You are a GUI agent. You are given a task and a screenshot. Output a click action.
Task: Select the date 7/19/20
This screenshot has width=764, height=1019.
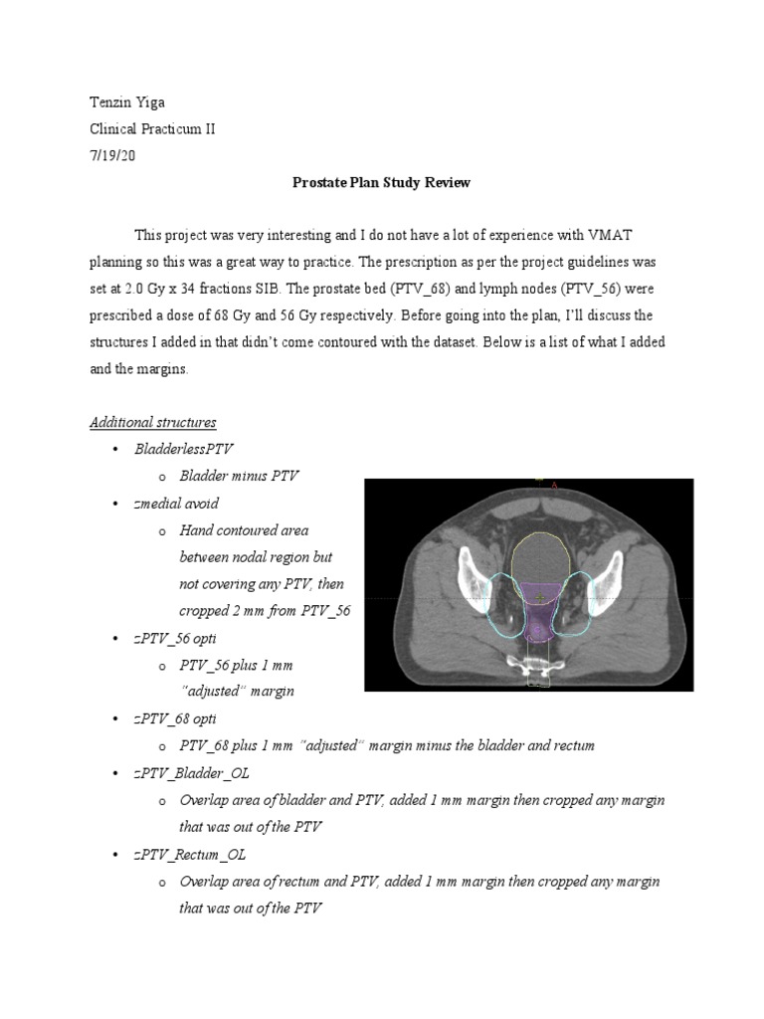coord(111,156)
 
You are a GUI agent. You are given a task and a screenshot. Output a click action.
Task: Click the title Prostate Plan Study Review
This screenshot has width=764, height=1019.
coord(381,183)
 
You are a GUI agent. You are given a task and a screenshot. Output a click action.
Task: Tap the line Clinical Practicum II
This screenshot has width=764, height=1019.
coord(151,129)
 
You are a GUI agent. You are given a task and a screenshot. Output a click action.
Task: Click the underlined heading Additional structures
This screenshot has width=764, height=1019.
coord(152,422)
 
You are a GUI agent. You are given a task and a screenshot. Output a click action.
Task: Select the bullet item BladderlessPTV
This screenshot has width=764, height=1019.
coord(183,449)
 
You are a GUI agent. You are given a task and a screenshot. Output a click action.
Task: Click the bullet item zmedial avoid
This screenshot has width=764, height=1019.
coord(176,504)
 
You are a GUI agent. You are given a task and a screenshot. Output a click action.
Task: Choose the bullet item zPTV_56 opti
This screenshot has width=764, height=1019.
coord(175,637)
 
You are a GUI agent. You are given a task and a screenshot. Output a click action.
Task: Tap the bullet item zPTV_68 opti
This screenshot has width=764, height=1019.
coord(175,717)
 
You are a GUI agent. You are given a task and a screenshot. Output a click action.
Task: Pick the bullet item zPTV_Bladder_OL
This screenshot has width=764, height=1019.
coord(190,772)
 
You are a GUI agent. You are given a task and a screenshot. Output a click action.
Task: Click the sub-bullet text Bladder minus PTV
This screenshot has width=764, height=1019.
coord(239,476)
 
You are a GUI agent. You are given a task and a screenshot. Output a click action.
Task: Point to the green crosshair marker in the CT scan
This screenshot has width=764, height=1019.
coord(539,597)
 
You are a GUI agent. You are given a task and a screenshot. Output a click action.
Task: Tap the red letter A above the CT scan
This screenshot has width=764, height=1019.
coord(553,486)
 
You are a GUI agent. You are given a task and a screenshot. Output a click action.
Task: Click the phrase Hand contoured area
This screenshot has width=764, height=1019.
coord(244,530)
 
